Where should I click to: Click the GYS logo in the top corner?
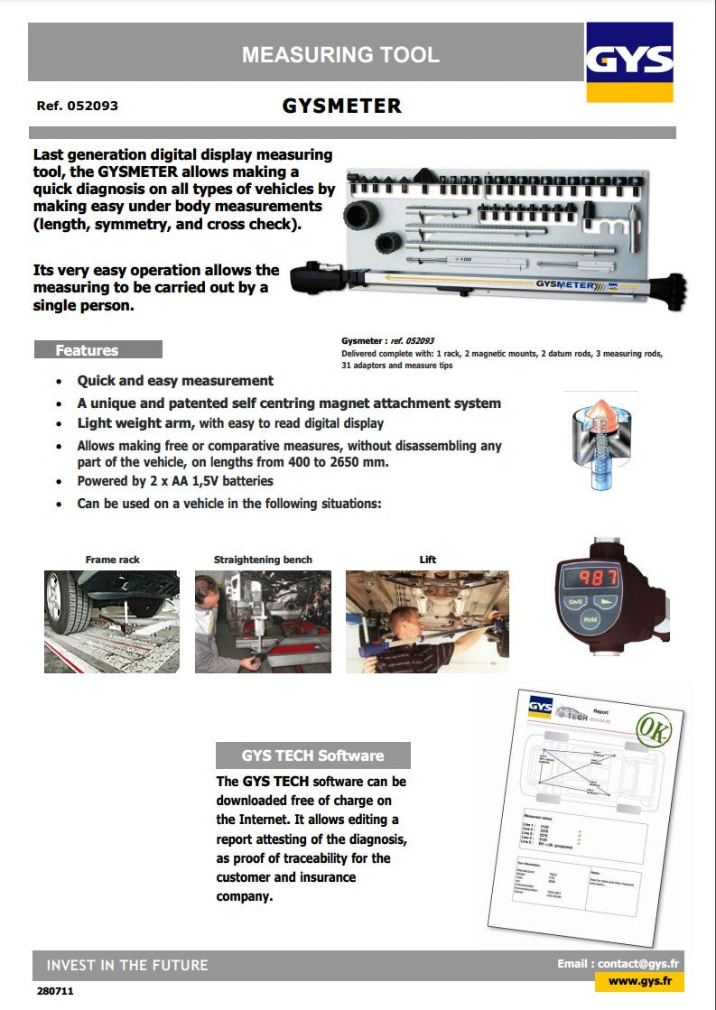629,61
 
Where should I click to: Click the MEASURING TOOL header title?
340,55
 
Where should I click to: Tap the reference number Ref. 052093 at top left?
78,106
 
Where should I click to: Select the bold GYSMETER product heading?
341,106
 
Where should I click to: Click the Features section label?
87,350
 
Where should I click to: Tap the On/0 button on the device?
575,601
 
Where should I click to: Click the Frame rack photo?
112,621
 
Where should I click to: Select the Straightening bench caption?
263,560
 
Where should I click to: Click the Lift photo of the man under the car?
427,621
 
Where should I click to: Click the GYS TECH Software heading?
312,755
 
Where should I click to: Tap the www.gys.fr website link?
639,981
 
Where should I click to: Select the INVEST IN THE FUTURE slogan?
127,965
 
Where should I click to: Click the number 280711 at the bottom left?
55,991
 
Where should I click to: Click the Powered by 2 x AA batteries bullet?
175,481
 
